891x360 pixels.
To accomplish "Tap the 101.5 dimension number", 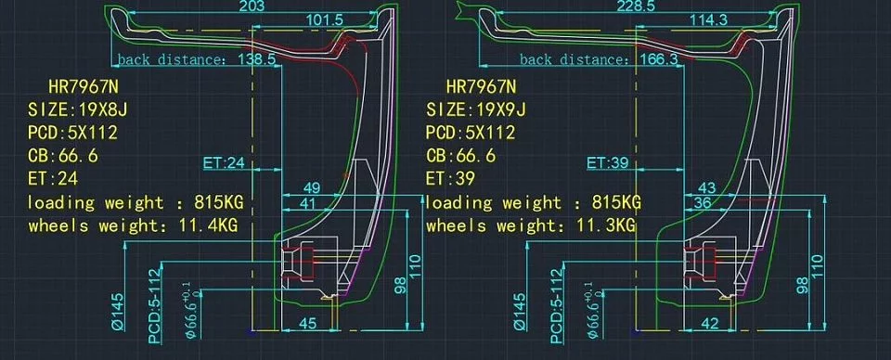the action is [325, 19].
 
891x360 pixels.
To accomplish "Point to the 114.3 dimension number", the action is [708, 19].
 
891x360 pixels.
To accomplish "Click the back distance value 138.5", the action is [256, 59].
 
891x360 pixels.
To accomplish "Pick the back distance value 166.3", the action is [659, 59].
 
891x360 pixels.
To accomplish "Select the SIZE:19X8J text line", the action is [78, 109].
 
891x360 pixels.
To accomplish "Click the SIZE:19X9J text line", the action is [476, 109].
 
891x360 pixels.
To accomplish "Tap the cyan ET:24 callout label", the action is [224, 163].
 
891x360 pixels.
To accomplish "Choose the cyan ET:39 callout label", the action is [607, 163].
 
